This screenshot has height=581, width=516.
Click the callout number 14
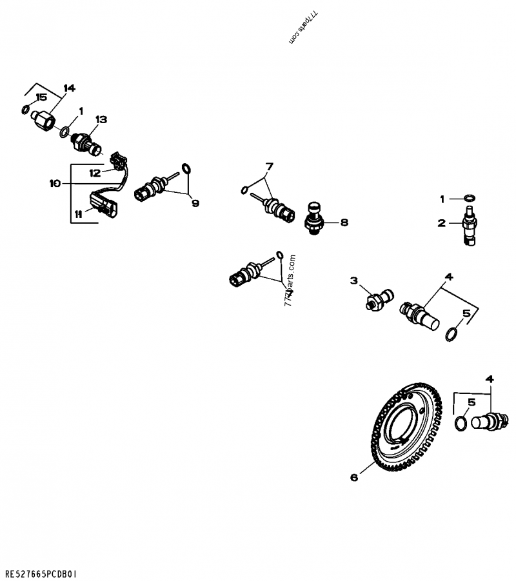69,88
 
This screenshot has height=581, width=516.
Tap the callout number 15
41,97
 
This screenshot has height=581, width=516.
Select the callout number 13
101,120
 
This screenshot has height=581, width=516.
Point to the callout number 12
95,172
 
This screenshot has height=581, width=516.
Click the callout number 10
55,184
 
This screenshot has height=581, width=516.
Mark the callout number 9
194,202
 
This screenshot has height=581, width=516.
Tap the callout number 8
344,222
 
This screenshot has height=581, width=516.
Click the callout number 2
442,224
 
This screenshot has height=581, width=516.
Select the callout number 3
353,280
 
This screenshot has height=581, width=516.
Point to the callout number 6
353,477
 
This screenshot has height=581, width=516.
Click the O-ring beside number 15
25,110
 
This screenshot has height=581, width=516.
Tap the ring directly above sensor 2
470,197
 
